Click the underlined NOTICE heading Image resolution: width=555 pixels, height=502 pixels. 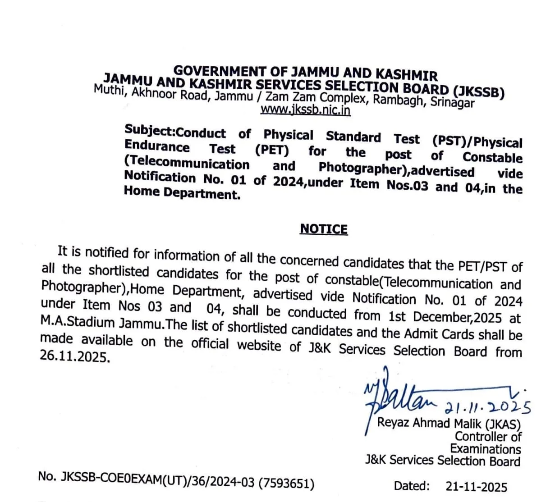coord(324,229)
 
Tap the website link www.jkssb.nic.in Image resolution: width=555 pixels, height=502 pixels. coord(305,110)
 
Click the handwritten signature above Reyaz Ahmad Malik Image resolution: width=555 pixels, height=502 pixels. coord(397,397)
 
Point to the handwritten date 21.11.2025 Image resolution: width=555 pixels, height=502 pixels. coord(487,405)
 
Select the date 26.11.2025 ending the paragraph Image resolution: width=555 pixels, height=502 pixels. coord(75,357)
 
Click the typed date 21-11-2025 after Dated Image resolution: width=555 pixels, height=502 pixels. coord(476,487)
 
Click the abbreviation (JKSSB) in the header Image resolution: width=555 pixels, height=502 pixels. coord(479,91)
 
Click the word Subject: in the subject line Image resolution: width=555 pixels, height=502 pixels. coord(150,131)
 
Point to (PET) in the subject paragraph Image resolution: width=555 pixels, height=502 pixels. coord(272,150)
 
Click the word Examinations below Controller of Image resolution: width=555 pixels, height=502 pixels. coord(485,449)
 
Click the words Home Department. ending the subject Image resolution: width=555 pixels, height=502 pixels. coord(182,193)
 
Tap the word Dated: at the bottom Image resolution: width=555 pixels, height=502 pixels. coord(412,486)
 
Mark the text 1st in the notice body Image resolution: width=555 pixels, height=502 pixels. coord(397,315)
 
